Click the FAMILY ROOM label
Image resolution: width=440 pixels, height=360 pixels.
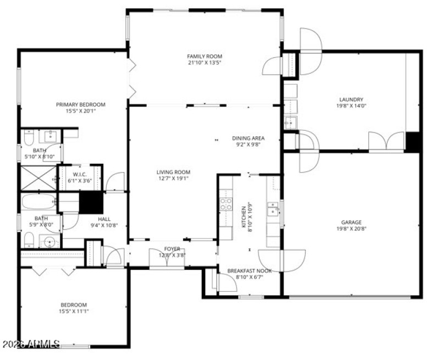[205, 56]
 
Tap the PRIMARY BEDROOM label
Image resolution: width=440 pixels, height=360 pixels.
[80, 104]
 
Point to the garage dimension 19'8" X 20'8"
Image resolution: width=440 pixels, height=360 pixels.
[350, 229]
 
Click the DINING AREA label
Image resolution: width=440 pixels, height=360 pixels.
[249, 138]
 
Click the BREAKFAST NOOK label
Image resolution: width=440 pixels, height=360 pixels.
[249, 270]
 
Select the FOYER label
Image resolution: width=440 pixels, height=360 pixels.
[172, 249]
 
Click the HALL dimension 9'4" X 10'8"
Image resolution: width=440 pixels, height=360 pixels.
[101, 225]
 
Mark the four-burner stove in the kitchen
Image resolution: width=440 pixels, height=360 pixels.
[226, 204]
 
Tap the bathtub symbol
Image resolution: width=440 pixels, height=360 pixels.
[38, 202]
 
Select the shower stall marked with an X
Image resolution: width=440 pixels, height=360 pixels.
[38, 178]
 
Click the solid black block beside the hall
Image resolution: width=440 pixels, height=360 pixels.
[91, 203]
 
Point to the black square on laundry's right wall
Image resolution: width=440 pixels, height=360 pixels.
[414, 142]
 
